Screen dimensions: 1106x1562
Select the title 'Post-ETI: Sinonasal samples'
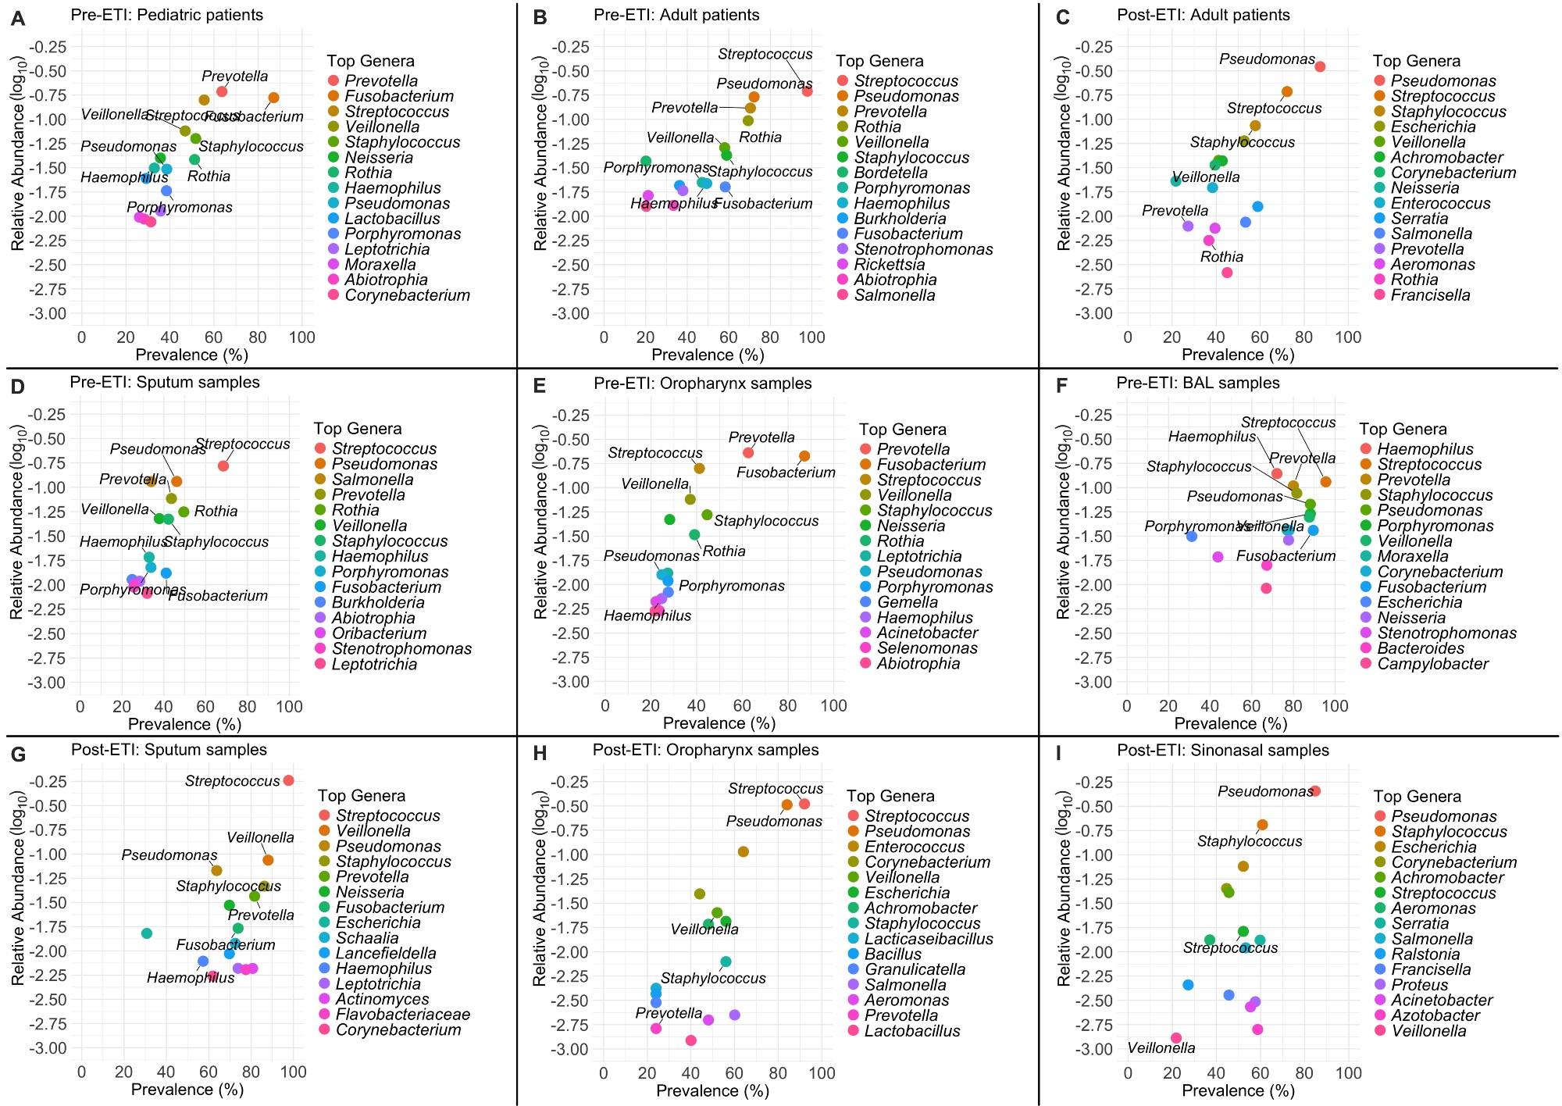coord(1222,751)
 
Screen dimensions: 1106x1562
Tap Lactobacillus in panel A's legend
coord(392,219)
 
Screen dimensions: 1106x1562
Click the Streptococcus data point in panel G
coord(288,780)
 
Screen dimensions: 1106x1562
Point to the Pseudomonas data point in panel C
coord(1320,66)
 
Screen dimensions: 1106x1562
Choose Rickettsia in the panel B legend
coord(889,265)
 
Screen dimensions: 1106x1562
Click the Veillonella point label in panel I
coord(1161,1048)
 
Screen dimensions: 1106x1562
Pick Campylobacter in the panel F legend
coord(1432,664)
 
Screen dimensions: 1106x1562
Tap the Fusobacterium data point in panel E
coord(804,456)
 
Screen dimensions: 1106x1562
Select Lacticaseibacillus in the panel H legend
coord(929,939)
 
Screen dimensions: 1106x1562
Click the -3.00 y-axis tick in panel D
coord(46,683)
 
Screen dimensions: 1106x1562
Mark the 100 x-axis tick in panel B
coord(812,337)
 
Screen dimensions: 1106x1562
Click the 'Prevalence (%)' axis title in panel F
coord(1230,723)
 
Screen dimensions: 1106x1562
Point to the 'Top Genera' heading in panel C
coord(1417,61)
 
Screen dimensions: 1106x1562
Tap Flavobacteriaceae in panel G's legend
coord(403,1015)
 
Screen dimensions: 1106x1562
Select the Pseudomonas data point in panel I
coord(1315,791)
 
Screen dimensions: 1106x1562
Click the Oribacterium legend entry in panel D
coord(379,633)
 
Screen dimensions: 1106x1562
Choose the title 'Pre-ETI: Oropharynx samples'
coord(702,384)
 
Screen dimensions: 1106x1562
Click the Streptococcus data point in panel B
coord(808,91)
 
